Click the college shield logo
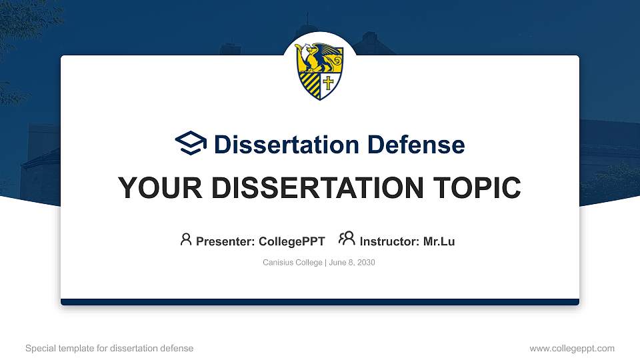click(x=319, y=72)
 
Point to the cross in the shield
click(x=328, y=83)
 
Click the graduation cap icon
click(x=191, y=143)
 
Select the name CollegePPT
click(x=292, y=241)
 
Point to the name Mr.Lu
click(x=439, y=241)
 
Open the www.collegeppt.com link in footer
click(x=572, y=348)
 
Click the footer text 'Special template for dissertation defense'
click(x=109, y=348)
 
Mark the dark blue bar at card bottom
click(x=320, y=302)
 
